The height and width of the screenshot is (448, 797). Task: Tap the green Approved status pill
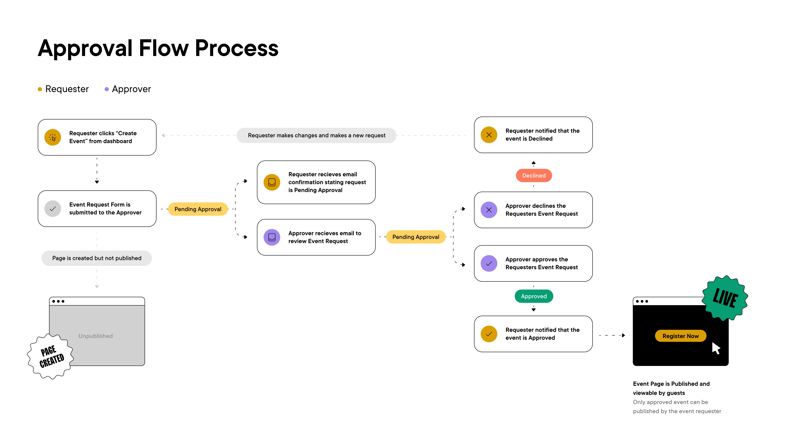point(534,296)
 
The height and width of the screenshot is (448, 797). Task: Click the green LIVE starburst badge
point(725,298)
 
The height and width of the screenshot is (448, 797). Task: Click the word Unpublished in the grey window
point(96,336)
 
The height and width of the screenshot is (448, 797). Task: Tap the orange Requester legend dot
point(40,89)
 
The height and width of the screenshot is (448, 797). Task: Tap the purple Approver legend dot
point(106,89)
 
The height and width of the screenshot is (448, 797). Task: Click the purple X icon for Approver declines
point(489,210)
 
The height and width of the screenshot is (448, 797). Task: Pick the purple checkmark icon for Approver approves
point(489,263)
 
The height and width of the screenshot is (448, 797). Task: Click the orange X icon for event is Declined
point(489,135)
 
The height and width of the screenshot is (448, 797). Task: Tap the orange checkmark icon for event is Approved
point(489,334)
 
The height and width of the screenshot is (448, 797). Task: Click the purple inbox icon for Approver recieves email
point(272,237)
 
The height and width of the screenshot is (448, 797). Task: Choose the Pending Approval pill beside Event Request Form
point(198,209)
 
